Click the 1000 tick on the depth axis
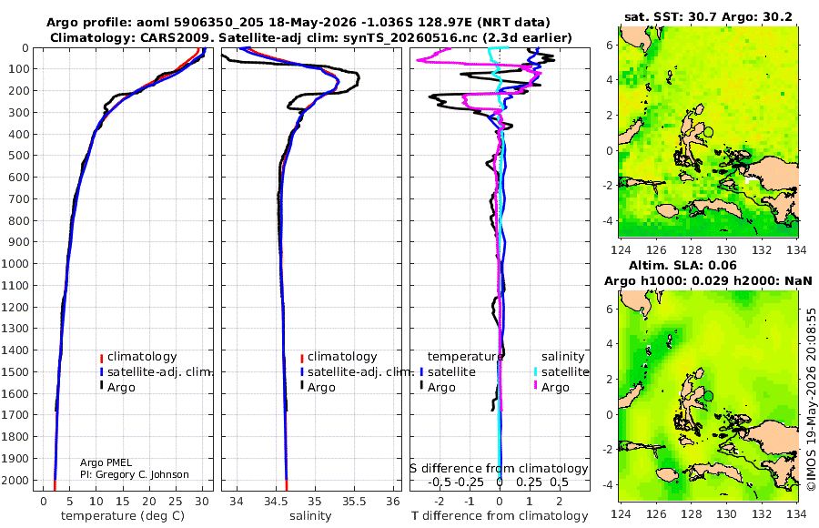pyautogui.click(x=15, y=263)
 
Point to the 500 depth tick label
pyautogui.click(x=19, y=156)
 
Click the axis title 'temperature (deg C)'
pyautogui.click(x=123, y=516)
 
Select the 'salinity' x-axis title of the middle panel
pyautogui.click(x=310, y=516)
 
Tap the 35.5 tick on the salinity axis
pyautogui.click(x=354, y=501)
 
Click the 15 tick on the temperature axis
pyautogui.click(x=123, y=501)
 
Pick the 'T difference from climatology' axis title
pyautogui.click(x=500, y=516)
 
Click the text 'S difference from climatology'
pyautogui.click(x=499, y=469)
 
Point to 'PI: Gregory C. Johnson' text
pyautogui.click(x=135, y=474)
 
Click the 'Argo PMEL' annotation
pyautogui.click(x=106, y=462)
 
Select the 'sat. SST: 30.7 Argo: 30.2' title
pyautogui.click(x=708, y=16)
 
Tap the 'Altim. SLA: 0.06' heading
pyautogui.click(x=682, y=265)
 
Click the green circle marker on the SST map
pyautogui.click(x=708, y=132)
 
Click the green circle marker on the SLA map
pyautogui.click(x=708, y=396)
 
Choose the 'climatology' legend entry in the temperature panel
pyautogui.click(x=138, y=357)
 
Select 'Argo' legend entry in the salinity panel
pyautogui.click(x=317, y=388)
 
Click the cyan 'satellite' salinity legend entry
pyautogui.click(x=561, y=372)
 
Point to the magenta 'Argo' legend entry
pyautogui.click(x=551, y=388)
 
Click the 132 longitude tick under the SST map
pyautogui.click(x=762, y=249)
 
